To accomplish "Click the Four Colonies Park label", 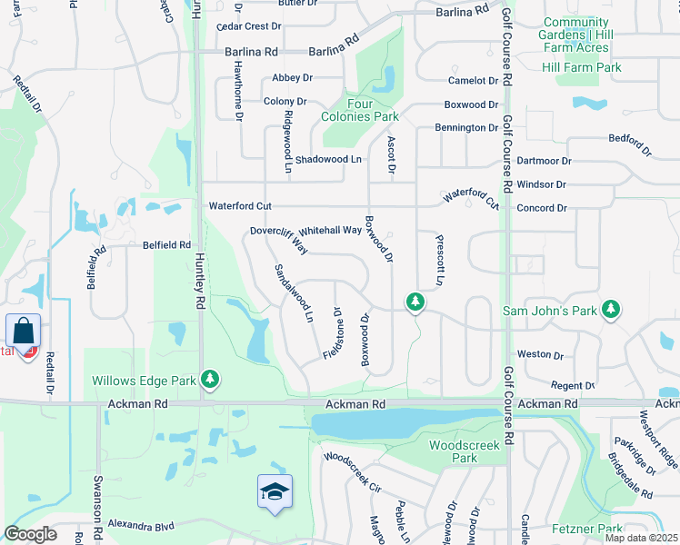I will pos(360,110).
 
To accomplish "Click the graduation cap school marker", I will pos(275,492).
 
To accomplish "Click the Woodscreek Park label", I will pos(453,451).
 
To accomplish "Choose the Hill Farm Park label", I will pos(581,67).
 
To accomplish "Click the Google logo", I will pos(30,534).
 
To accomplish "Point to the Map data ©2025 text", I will pos(642,538).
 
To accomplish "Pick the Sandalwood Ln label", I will pos(295,294).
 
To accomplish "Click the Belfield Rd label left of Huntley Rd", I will pos(165,245).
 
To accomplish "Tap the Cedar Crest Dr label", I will pos(244,26).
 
